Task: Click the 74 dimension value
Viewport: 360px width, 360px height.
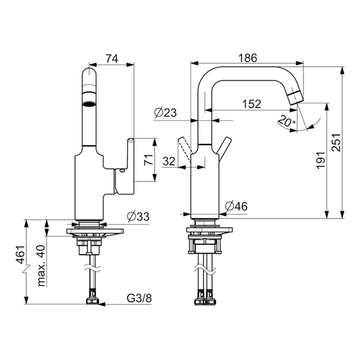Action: pos(112,58)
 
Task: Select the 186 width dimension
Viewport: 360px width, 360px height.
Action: pos(248,58)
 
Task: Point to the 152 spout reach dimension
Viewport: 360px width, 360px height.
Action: pos(252,104)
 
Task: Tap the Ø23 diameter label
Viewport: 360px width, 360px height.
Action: pos(165,113)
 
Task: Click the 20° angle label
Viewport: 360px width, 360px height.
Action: pos(286,120)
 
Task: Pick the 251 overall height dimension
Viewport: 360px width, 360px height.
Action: pos(336,142)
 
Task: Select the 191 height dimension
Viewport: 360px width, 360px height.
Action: pos(321,160)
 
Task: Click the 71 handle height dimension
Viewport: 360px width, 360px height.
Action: pos(149,160)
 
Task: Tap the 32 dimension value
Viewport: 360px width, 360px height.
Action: pos(169,161)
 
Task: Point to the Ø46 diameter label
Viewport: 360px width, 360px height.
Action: pos(236,206)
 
